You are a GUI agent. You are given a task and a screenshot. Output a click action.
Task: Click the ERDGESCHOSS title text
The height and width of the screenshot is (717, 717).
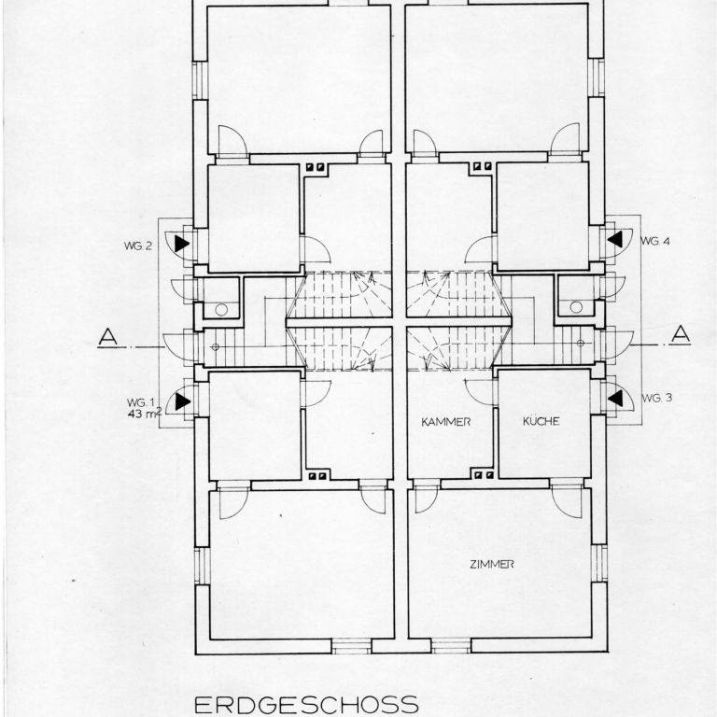(x=306, y=705)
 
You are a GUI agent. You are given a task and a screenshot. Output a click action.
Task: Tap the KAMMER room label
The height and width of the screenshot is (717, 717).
(x=446, y=422)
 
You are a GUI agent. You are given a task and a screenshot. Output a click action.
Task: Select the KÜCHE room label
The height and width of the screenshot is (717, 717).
(x=541, y=421)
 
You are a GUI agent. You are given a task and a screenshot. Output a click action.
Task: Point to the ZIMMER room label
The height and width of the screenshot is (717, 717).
(x=492, y=564)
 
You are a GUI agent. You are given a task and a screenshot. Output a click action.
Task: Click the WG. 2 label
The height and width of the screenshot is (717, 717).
(x=137, y=246)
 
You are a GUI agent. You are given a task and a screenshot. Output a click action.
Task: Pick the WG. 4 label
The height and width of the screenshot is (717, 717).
(x=654, y=241)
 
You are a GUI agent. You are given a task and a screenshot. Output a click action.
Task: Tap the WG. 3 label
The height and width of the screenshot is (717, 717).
(x=657, y=398)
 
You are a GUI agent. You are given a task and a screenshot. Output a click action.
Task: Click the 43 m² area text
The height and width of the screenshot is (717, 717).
(x=146, y=413)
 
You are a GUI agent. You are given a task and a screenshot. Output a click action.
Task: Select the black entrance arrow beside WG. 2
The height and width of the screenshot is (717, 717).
(x=182, y=244)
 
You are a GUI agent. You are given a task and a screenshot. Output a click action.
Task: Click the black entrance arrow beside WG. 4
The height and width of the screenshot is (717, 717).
(x=615, y=239)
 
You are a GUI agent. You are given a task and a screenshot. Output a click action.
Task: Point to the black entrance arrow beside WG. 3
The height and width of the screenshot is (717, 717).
(x=615, y=398)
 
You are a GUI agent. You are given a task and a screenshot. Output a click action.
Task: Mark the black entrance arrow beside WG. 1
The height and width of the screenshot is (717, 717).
(x=182, y=401)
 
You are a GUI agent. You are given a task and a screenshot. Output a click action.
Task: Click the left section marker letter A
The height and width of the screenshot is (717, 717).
(x=108, y=336)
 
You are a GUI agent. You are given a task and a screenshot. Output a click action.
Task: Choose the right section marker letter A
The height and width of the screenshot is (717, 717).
(x=681, y=334)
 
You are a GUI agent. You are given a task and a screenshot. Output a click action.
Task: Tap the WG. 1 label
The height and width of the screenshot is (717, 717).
(x=140, y=402)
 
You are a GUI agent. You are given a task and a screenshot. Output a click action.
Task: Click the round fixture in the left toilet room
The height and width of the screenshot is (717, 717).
(x=221, y=310)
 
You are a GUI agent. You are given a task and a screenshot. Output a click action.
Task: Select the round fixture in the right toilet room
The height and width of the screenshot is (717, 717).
(x=576, y=307)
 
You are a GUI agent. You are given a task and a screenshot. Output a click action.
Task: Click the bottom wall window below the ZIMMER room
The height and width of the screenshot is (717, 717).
(x=451, y=646)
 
